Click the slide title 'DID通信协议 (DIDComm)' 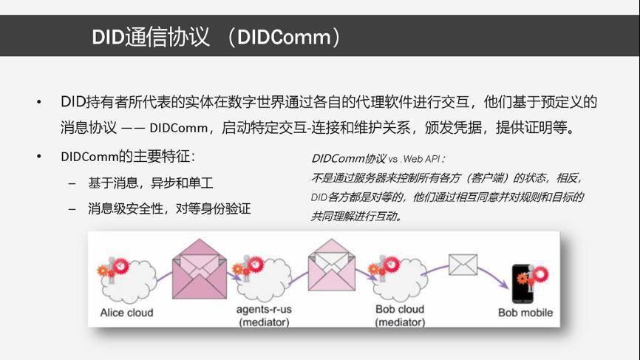pos(216,37)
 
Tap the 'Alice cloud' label pos(126,313)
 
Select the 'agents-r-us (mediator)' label pos(264,316)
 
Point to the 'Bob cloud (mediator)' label pos(400,316)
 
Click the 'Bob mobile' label pos(525,313)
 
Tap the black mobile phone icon pos(522,284)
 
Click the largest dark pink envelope pos(200,268)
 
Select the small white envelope pos(463,265)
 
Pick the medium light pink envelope pos(331,265)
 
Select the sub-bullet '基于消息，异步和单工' pos(151,183)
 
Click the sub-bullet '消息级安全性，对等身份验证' pos(169,208)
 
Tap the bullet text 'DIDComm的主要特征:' pos(128,156)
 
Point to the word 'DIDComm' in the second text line pos(179,128)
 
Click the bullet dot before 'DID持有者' pos(38,102)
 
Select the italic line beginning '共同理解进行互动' pos(357,216)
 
